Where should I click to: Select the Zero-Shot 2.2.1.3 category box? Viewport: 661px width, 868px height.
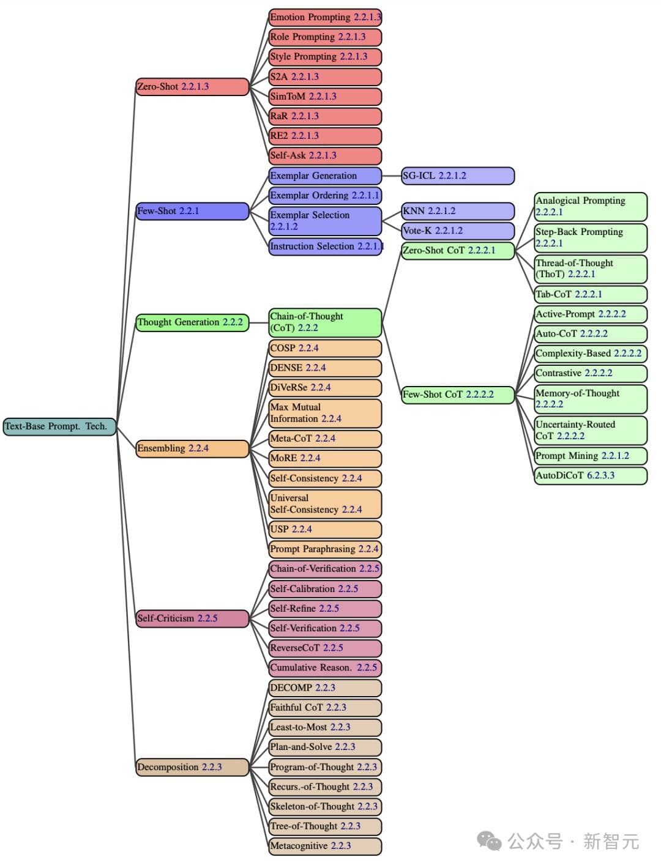192,87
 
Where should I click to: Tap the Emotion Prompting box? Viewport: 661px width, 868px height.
325,17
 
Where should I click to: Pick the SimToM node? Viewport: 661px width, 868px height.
325,97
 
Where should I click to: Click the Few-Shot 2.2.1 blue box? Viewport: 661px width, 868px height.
192,211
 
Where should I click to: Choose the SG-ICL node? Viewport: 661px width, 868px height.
457,176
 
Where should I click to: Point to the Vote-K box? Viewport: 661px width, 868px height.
457,231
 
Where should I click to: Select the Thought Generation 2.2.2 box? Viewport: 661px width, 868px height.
192,322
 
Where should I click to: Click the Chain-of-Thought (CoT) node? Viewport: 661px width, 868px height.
325,322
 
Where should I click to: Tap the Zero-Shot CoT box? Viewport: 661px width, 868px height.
457,251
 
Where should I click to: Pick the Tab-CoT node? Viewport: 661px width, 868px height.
590,294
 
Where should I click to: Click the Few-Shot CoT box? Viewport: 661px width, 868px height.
457,395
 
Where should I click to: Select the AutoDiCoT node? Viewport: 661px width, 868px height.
590,475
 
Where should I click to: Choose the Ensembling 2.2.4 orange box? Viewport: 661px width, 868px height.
192,448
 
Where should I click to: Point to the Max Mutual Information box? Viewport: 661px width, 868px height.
325,413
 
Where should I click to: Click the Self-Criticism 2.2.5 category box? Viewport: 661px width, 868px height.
192,618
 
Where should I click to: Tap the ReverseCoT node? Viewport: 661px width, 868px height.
325,648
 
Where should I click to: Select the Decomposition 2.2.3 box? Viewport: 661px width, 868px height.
192,767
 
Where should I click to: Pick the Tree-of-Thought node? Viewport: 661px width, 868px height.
325,826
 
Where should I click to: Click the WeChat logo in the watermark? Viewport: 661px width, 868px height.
489,841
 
